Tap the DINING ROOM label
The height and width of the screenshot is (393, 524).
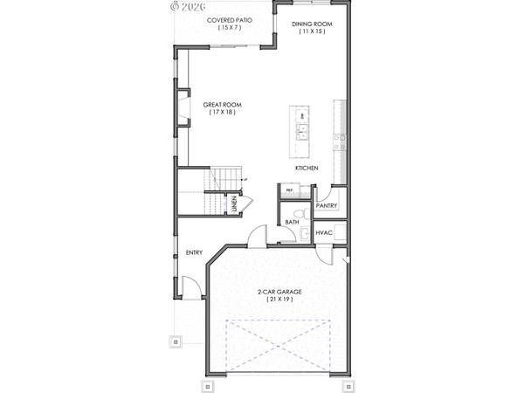click(x=311, y=23)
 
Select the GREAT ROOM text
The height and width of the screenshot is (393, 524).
click(x=223, y=105)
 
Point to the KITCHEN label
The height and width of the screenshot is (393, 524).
click(x=306, y=167)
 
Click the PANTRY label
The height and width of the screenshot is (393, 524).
click(x=327, y=205)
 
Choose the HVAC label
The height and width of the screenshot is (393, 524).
click(x=324, y=232)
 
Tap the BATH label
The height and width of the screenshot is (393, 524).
click(x=293, y=222)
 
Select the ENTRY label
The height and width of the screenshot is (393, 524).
click(x=194, y=253)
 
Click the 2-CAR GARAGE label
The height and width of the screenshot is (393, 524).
click(x=279, y=291)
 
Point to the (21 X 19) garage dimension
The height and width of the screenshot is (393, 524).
click(x=279, y=300)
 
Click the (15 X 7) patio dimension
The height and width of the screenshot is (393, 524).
click(x=231, y=28)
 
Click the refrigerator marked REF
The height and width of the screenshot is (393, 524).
click(x=289, y=190)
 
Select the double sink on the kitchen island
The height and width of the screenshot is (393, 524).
click(x=302, y=132)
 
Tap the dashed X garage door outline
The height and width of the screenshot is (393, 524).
click(x=279, y=346)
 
